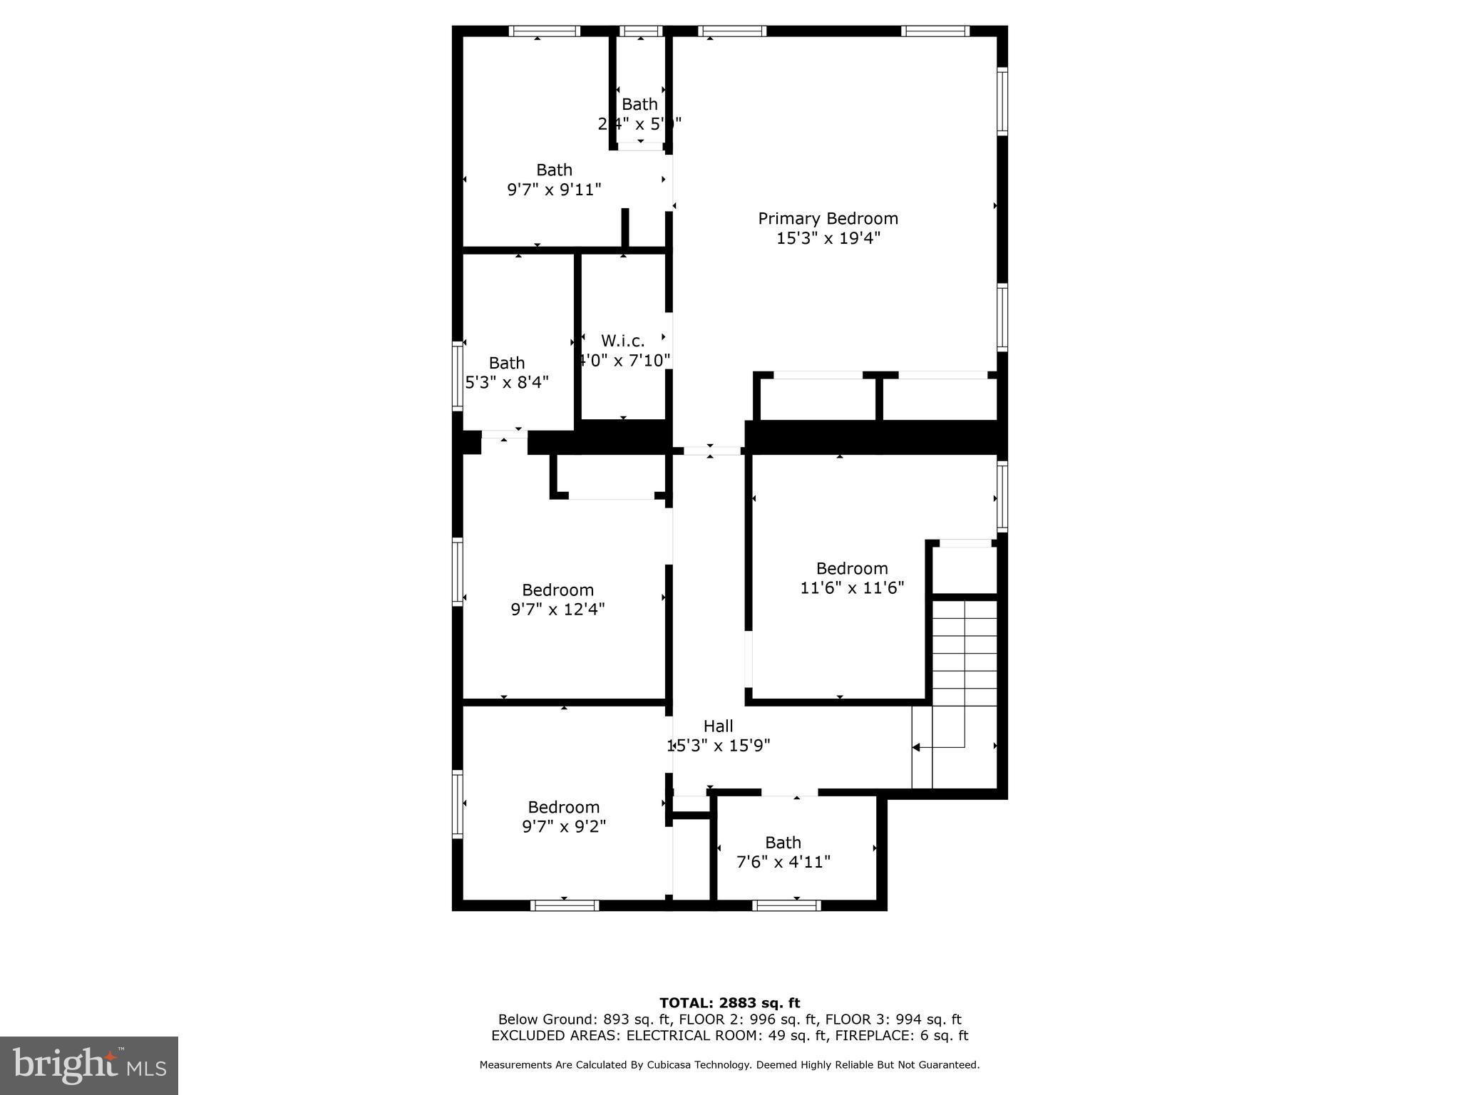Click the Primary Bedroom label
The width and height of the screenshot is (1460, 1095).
[828, 219]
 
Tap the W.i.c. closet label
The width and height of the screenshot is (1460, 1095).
[622, 341]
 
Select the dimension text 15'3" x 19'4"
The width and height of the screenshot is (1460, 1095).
[828, 238]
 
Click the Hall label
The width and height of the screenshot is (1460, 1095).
[718, 726]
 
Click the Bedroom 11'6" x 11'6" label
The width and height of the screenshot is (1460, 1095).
[852, 569]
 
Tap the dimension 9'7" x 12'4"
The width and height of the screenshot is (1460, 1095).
[557, 610]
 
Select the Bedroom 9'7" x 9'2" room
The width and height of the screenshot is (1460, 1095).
[563, 816]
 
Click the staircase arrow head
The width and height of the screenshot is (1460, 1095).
[917, 747]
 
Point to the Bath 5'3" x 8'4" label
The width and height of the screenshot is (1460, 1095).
[507, 364]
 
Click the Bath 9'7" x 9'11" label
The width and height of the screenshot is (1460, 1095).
[554, 170]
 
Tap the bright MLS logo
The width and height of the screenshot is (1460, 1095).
[89, 1065]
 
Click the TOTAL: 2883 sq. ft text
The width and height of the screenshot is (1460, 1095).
[729, 1003]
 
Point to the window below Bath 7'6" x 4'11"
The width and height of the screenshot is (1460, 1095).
[786, 905]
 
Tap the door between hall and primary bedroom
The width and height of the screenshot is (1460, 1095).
[711, 451]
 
